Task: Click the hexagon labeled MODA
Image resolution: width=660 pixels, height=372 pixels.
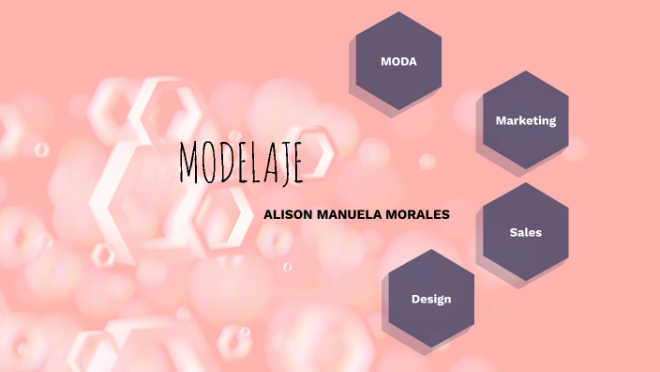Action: [398, 61]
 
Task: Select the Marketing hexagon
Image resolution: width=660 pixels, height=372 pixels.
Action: [525, 120]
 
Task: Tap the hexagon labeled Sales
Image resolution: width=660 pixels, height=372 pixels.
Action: [525, 232]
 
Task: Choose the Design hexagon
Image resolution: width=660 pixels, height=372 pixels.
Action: [431, 299]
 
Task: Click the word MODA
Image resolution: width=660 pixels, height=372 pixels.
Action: [398, 61]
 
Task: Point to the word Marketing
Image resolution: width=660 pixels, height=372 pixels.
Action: [526, 120]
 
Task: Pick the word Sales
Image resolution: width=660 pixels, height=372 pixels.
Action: [526, 232]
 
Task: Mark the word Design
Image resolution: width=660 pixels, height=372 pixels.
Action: [431, 299]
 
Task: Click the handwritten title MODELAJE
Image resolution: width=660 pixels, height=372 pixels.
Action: [240, 163]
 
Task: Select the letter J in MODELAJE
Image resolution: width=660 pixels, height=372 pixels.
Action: [285, 165]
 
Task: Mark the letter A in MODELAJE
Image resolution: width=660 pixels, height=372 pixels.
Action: [271, 164]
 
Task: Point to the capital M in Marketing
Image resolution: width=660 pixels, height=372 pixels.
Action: [501, 120]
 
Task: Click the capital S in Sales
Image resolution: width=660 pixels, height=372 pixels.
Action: [513, 232]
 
